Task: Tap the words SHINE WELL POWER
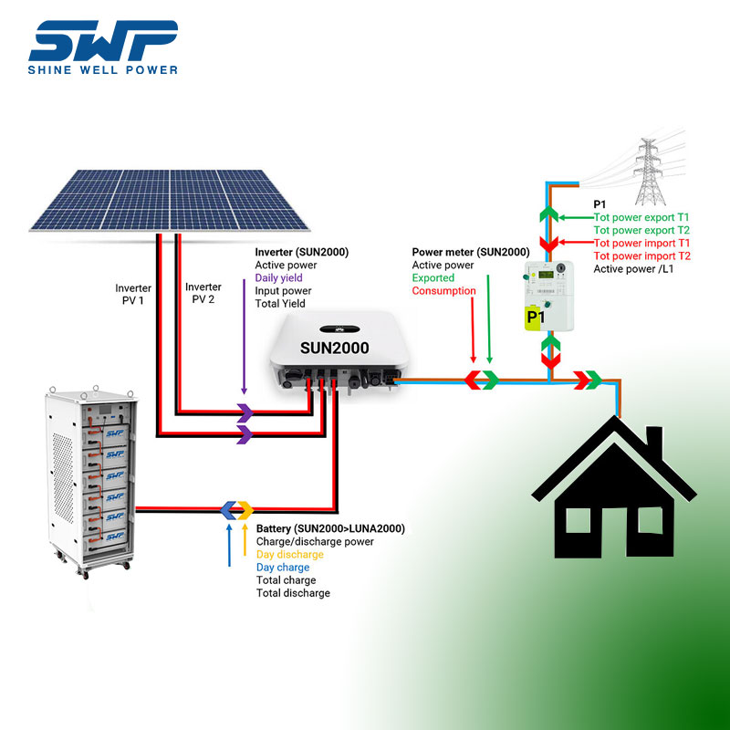point(102,69)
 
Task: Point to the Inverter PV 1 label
point(130,293)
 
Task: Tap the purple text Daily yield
point(278,277)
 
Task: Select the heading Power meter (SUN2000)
point(470,252)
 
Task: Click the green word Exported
point(433,277)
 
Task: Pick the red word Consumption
point(443,291)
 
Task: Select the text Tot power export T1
point(641,218)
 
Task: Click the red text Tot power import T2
point(641,256)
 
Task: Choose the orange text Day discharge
point(289,555)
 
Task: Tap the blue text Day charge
point(282,568)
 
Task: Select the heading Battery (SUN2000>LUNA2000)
point(330,529)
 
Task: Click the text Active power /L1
point(634,269)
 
